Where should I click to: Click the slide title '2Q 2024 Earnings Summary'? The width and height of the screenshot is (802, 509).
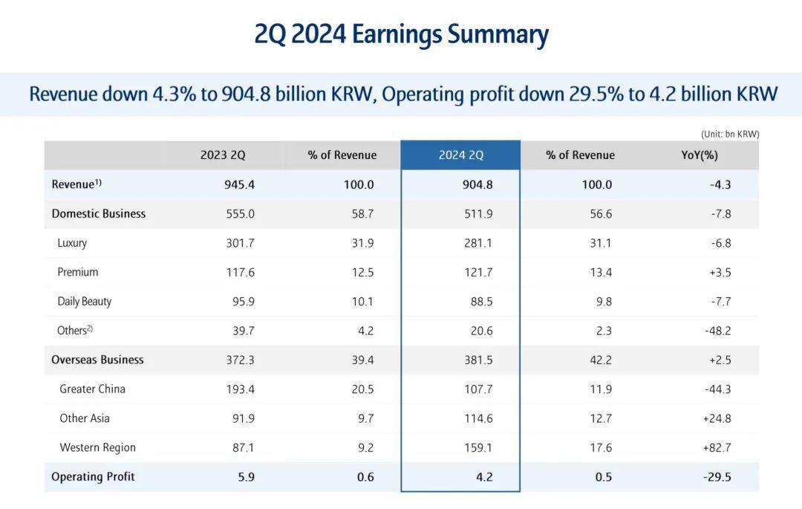click(401, 35)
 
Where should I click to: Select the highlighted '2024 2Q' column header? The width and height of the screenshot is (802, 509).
click(460, 155)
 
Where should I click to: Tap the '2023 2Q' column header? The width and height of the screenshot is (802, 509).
click(223, 155)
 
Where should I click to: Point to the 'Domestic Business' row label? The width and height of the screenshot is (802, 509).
click(98, 213)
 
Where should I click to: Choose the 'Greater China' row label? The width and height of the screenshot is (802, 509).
click(92, 389)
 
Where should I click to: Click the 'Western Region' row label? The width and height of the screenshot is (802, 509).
click(97, 447)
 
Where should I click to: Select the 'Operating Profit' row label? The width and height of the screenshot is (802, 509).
click(93, 476)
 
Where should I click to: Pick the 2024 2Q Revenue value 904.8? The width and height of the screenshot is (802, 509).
click(477, 184)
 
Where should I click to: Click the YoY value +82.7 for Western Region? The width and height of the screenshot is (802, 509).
click(717, 447)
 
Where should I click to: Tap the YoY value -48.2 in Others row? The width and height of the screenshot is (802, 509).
click(717, 331)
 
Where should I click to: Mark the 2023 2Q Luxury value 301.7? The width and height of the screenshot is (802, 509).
click(240, 243)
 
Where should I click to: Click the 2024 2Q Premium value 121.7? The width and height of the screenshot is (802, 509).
click(477, 272)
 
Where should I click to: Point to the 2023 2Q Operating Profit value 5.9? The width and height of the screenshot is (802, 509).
click(246, 476)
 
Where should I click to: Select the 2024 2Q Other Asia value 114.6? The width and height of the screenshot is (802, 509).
click(477, 418)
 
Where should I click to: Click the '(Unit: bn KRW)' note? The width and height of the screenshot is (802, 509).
click(729, 134)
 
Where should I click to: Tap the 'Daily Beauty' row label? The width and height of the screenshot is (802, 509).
click(84, 301)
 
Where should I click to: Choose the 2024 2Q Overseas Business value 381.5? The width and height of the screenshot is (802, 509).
click(477, 360)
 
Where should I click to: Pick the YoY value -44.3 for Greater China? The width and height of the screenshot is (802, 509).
click(717, 389)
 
